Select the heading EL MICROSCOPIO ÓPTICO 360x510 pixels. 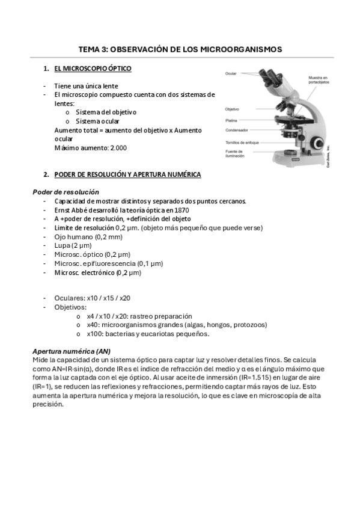(x=93, y=69)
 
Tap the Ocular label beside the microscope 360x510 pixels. (x=231, y=73)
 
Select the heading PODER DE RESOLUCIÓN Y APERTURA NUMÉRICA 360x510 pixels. (x=127, y=174)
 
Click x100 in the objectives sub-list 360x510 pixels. (x=94, y=334)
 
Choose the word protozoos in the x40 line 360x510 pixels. (x=249, y=325)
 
